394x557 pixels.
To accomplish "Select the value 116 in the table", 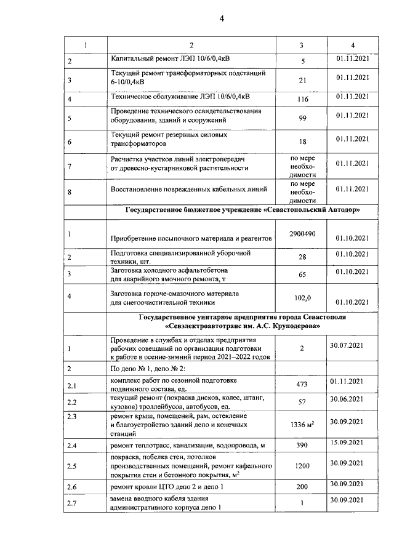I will point(302,99).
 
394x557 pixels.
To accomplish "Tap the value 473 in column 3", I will point(302,385).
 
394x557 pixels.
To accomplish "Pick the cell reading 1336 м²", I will point(302,424).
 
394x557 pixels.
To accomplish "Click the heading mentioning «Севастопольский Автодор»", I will point(243,210).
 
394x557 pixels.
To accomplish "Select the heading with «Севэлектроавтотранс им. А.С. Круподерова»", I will point(243,322).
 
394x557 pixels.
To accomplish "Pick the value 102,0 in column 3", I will point(302,298).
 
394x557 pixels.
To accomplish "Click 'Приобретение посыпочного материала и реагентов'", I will point(191,238).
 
